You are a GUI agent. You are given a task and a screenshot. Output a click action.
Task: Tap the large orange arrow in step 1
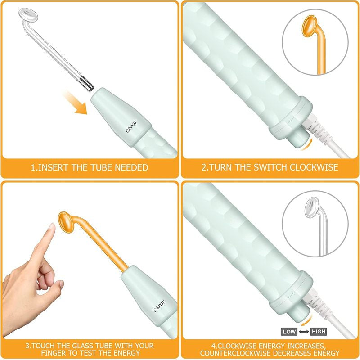(x=76, y=103)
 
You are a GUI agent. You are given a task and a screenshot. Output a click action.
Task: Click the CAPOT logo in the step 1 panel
(x=131, y=126)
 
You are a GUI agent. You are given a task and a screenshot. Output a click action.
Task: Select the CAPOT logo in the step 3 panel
(x=159, y=306)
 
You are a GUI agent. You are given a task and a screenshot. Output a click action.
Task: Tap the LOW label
(x=289, y=332)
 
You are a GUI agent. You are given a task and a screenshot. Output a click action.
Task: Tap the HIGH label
(x=319, y=332)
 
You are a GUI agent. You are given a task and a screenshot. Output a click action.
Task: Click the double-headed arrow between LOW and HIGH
(x=304, y=332)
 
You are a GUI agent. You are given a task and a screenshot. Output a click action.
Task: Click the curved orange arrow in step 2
(x=308, y=145)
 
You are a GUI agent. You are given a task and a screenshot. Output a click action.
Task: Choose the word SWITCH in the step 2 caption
(x=270, y=167)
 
